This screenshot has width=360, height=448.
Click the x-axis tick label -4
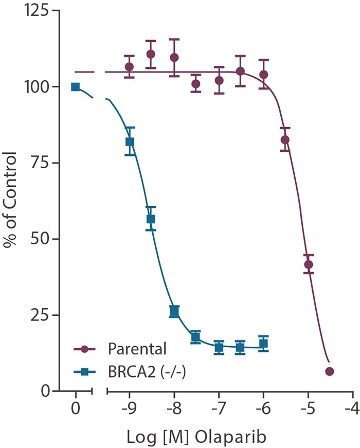click(352, 411)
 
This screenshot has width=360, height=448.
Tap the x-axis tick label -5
click(308, 411)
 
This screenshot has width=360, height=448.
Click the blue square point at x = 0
click(76, 86)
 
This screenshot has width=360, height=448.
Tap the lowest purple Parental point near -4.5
click(330, 371)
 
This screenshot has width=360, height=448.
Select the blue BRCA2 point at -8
click(174, 311)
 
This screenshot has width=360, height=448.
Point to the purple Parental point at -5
click(308, 265)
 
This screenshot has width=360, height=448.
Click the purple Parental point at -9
click(130, 67)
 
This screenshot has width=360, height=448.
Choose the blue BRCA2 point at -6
click(263, 344)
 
